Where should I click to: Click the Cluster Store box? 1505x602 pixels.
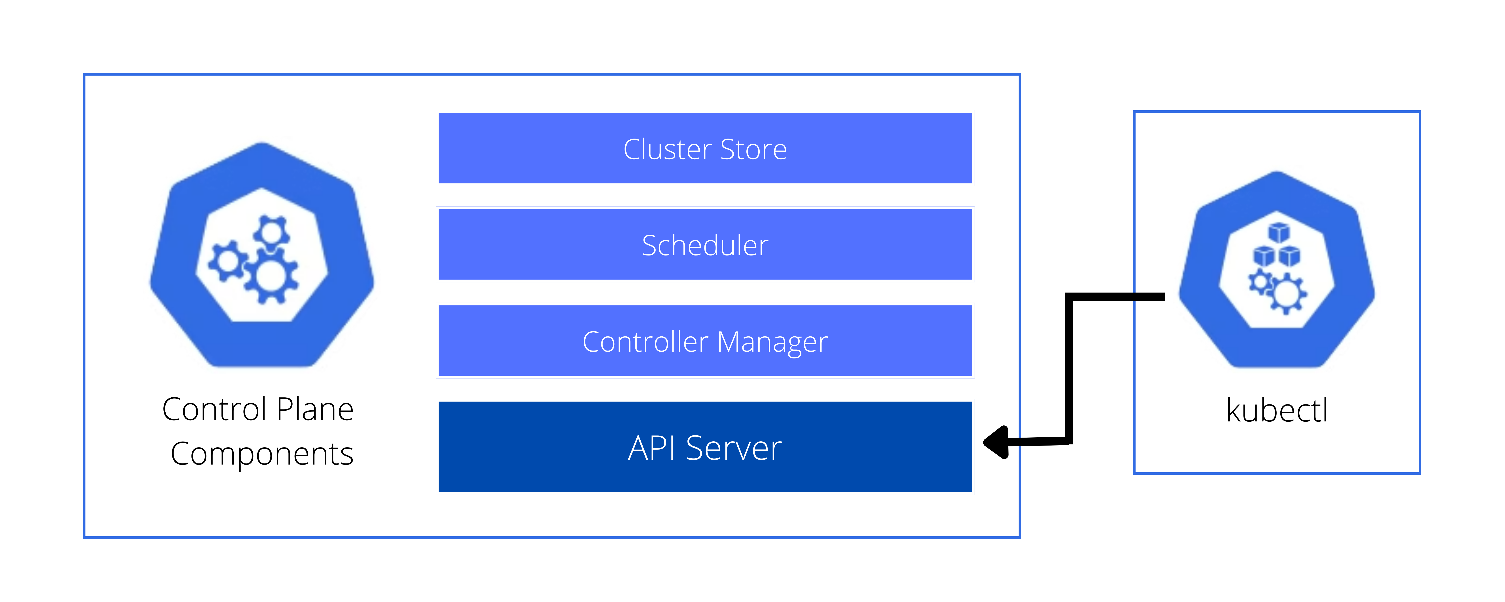click(x=705, y=149)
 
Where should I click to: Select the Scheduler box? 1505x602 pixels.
click(x=705, y=244)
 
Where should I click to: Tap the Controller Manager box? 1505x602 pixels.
click(x=705, y=341)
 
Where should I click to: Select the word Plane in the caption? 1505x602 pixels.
click(x=316, y=409)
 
